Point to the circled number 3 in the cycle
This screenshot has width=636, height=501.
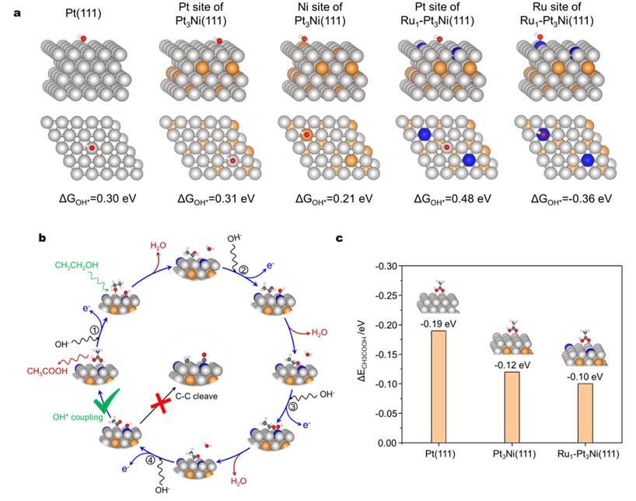295,405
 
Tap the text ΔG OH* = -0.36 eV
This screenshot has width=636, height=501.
572,198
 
